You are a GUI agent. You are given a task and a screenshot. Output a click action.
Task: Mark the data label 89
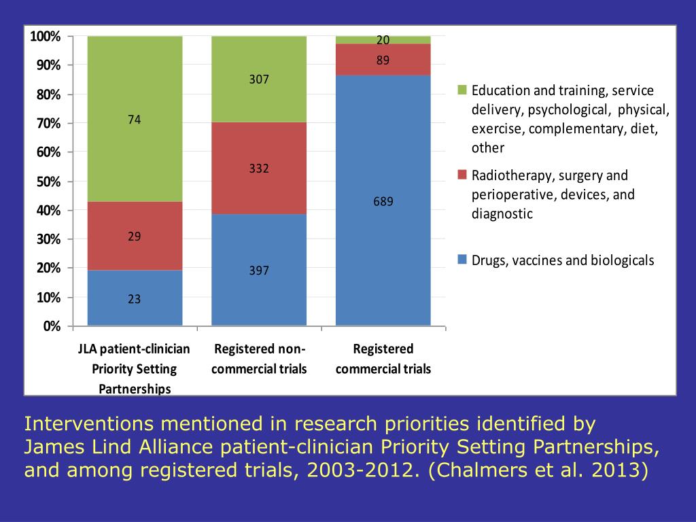pyautogui.click(x=383, y=60)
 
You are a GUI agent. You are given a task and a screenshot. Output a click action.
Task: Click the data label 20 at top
pyautogui.click(x=383, y=40)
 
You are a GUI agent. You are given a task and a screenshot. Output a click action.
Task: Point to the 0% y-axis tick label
pyautogui.click(x=52, y=326)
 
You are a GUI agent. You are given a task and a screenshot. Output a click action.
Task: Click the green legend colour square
pyautogui.click(x=462, y=90)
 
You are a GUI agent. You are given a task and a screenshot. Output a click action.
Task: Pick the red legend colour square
pyautogui.click(x=462, y=176)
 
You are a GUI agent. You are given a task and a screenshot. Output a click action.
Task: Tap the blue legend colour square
pyautogui.click(x=462, y=260)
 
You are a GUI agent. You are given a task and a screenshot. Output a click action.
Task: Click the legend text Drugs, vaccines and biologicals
pyautogui.click(x=563, y=260)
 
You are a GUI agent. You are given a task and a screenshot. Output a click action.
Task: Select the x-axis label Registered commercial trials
pyautogui.click(x=383, y=359)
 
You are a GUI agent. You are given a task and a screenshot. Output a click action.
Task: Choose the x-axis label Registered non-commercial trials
pyautogui.click(x=259, y=359)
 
